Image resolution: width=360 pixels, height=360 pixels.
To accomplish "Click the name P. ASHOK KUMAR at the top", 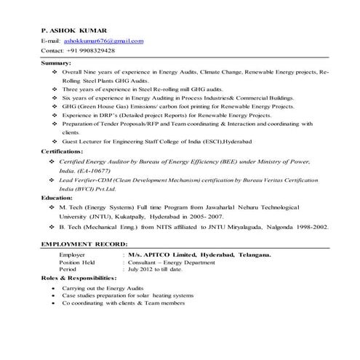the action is click(74, 31).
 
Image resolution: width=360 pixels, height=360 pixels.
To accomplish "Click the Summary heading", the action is click(57, 64).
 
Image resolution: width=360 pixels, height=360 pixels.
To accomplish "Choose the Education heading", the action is click(58, 197).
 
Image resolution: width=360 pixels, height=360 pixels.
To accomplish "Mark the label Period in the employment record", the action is click(68, 269).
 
